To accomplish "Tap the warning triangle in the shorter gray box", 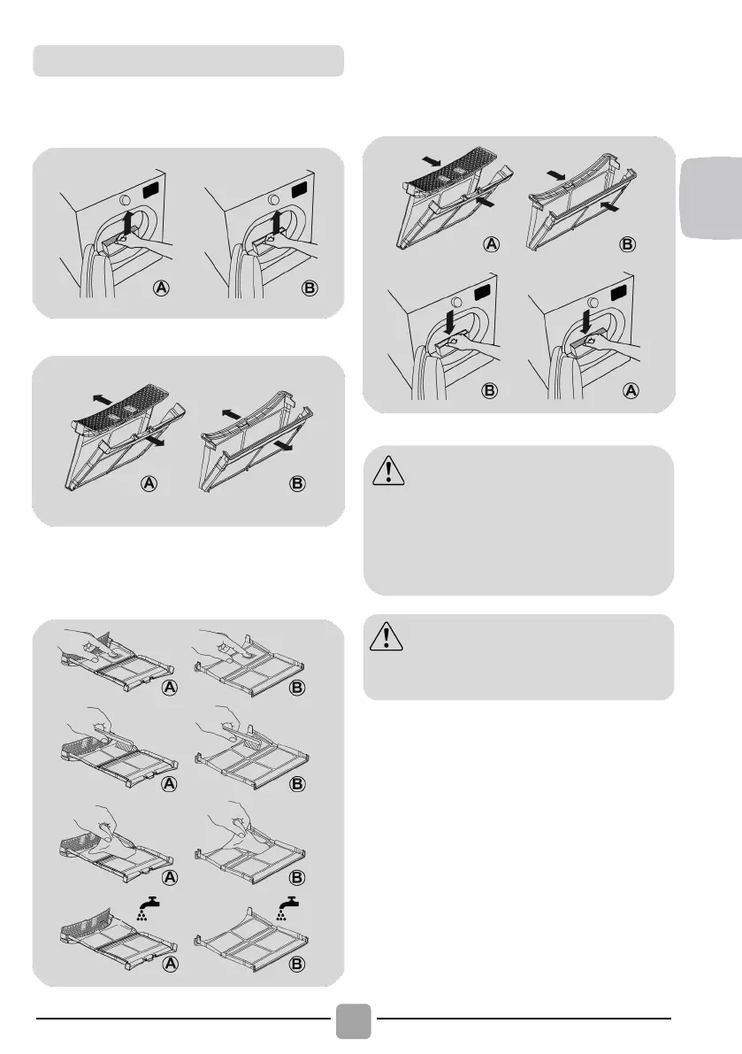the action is point(386,636).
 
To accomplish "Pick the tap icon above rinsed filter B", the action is point(288,908).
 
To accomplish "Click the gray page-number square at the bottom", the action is point(353,1021).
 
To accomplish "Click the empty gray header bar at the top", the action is point(188,60).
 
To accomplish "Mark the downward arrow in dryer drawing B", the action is point(447,321).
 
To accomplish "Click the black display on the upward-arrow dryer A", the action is point(153,190).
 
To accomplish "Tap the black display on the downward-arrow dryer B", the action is point(483,292).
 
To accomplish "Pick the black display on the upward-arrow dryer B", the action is point(300,190).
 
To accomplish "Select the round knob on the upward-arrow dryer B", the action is point(273,200).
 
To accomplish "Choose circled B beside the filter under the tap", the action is point(297,964).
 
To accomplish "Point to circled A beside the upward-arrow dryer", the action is point(161,289).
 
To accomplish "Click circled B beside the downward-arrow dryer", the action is point(490,390).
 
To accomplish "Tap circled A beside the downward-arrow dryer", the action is point(631,390).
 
